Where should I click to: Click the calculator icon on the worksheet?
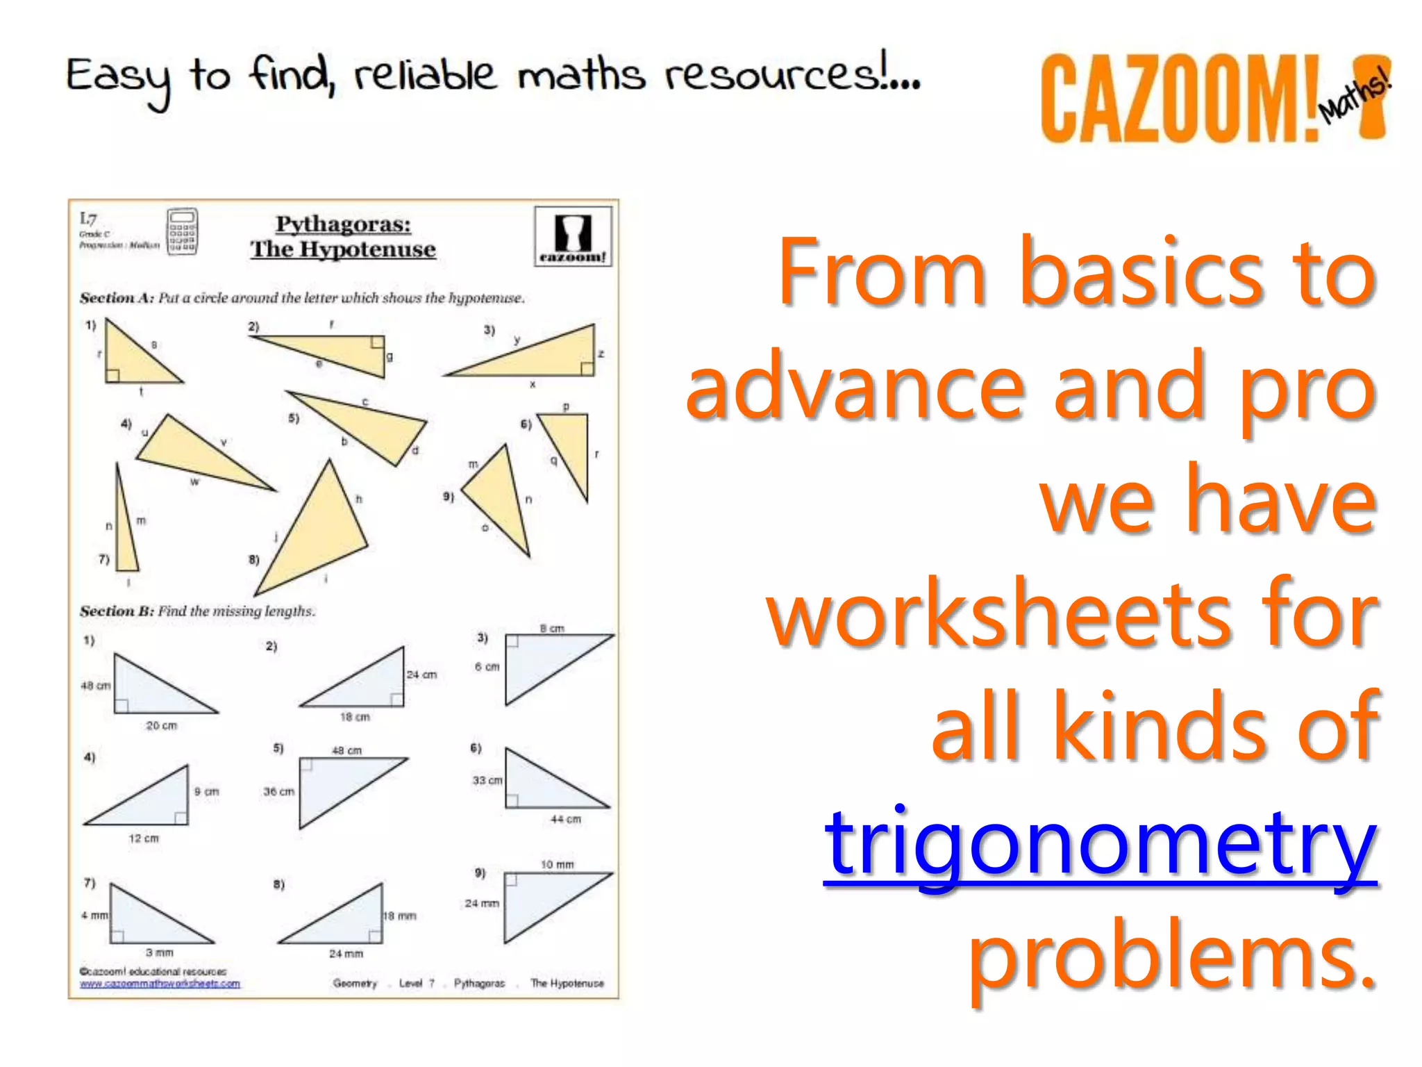point(182,231)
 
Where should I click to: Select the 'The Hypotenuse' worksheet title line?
point(343,249)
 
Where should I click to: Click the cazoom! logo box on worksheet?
point(573,236)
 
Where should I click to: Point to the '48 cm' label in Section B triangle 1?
point(95,686)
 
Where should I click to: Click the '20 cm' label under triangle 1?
point(161,725)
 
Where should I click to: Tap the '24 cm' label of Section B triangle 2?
point(421,675)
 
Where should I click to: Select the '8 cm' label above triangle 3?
point(552,628)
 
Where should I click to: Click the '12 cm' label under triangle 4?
point(144,838)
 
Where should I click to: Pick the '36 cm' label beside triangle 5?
point(278,791)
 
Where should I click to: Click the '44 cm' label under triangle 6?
point(565,819)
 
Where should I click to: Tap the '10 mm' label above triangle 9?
point(557,864)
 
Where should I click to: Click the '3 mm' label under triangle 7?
point(159,952)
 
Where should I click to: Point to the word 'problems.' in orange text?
point(1172,959)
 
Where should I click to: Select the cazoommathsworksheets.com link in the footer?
point(160,984)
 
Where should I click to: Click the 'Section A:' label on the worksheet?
point(116,298)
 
